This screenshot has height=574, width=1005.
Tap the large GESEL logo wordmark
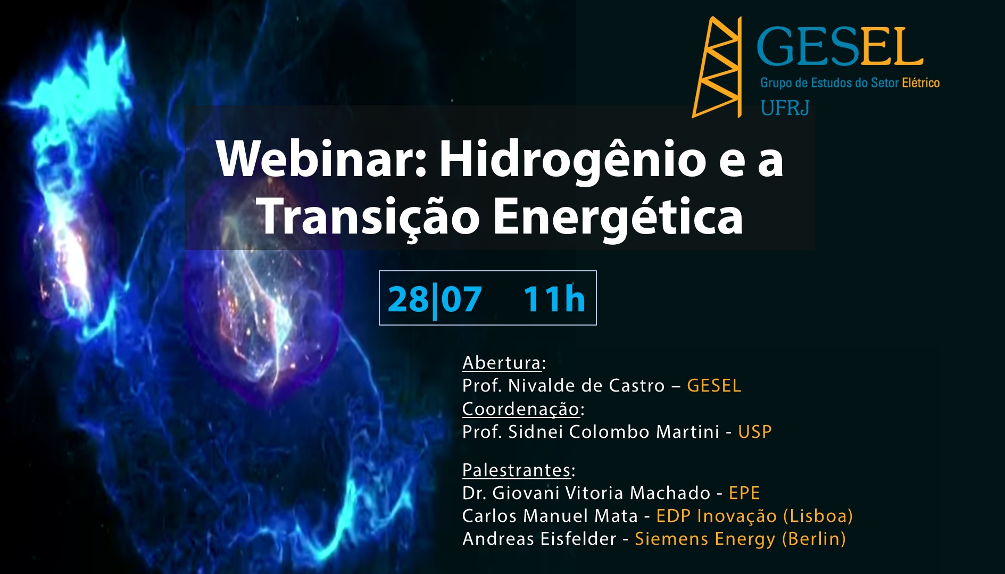(840, 47)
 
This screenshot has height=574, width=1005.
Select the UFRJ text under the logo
(785, 108)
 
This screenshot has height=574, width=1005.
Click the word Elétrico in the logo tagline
(921, 82)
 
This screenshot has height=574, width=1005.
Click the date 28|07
(435, 300)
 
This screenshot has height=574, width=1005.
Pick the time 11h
(554, 298)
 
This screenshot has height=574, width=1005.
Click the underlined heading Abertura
(502, 363)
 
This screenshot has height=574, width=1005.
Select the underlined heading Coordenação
(521, 409)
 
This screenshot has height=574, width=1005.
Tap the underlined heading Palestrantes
(517, 470)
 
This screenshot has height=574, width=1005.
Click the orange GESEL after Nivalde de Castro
(714, 386)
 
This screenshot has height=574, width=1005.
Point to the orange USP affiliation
(755, 432)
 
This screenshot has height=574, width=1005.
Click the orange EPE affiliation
(744, 493)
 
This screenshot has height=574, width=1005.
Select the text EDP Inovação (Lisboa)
(754, 517)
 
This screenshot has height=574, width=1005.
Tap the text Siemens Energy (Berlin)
(741, 539)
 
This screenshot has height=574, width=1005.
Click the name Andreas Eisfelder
(539, 539)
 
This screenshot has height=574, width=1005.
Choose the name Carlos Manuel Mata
(550, 516)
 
